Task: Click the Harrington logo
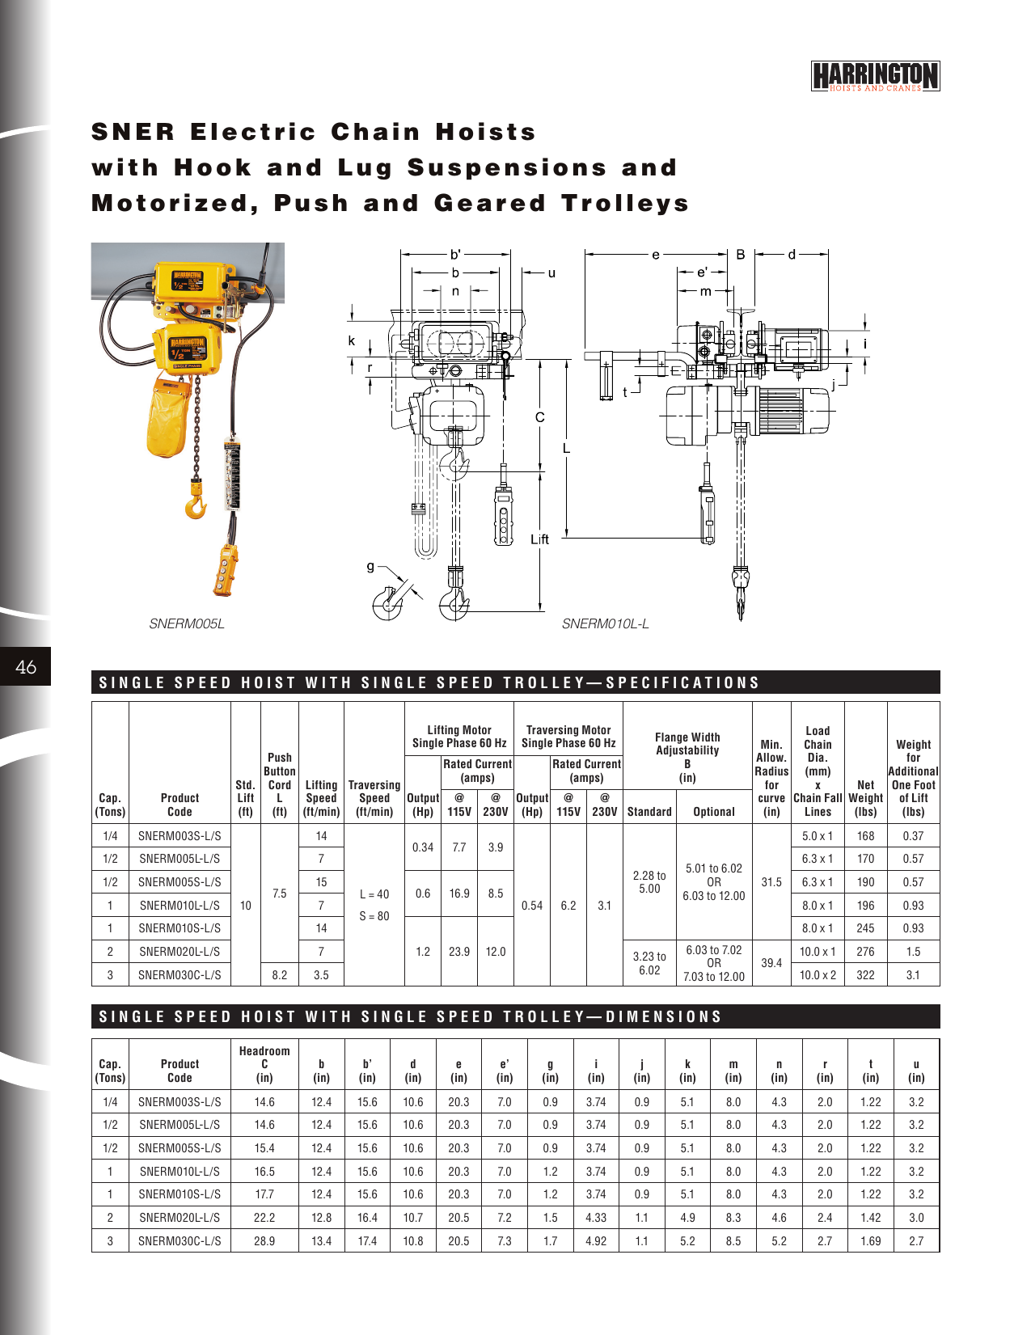[875, 76]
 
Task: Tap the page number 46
[26, 667]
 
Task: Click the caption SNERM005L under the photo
[187, 623]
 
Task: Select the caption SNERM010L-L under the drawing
[605, 623]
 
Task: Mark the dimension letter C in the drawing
[540, 417]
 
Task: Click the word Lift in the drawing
[540, 539]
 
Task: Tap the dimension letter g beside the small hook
[371, 567]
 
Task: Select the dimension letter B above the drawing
[741, 255]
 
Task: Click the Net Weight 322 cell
[865, 975]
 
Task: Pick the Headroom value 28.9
[264, 1240]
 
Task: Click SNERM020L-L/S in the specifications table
[180, 952]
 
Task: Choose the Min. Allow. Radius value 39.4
[771, 963]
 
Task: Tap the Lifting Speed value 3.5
[321, 975]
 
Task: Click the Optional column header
[713, 812]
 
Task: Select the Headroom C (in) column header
[264, 1064]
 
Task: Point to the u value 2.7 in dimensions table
[916, 1240]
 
